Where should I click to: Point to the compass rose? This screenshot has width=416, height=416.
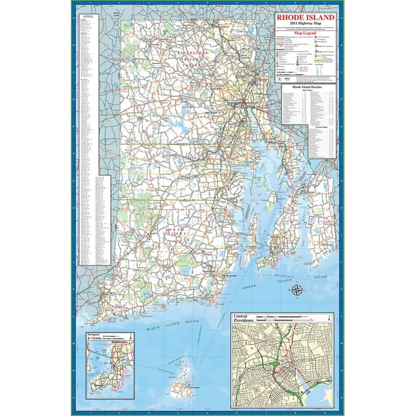296,291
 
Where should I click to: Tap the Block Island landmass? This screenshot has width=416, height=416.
181,387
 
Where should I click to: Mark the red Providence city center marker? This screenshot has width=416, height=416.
242,103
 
